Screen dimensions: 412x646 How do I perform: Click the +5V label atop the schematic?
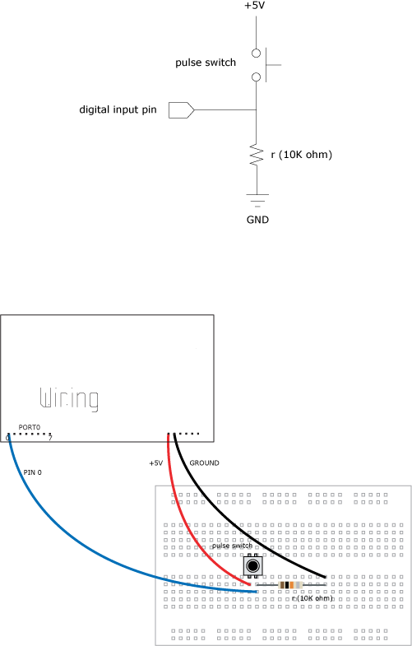point(255,6)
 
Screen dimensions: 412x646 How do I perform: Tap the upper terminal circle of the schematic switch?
point(256,53)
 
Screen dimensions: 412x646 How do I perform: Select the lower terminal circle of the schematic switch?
point(256,77)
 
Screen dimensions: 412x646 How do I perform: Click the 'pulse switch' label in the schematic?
point(206,63)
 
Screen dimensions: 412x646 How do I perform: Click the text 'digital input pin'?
point(118,109)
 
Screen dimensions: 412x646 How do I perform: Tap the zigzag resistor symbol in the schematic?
point(257,155)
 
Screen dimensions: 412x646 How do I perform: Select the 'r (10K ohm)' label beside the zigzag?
point(302,155)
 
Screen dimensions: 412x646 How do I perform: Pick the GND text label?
point(257,220)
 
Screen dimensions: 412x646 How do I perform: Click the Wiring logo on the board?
point(69,399)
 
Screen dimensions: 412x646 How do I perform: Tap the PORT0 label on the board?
point(30,428)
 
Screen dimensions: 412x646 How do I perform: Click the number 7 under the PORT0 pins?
point(50,438)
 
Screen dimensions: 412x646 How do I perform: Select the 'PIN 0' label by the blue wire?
point(33,472)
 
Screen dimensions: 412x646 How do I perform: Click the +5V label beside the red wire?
point(156,463)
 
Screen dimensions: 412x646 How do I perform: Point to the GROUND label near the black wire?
point(204,463)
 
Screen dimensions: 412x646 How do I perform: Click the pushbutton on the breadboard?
point(252,565)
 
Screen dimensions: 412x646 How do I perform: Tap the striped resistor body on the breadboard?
point(290,584)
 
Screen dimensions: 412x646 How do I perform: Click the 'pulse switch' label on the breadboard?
point(232,546)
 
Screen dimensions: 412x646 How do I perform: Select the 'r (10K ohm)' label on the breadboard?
point(312,598)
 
